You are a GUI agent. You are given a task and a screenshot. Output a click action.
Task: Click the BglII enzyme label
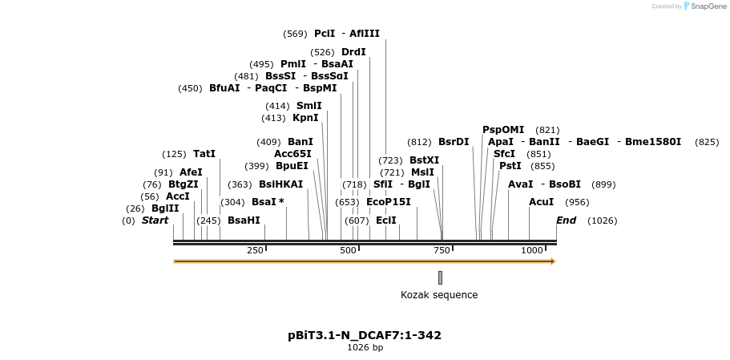coord(165,208)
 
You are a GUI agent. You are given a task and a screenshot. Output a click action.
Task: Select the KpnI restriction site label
coord(305,118)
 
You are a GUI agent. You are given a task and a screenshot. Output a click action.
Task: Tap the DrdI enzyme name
coord(353,52)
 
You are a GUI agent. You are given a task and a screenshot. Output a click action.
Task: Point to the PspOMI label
coord(503,130)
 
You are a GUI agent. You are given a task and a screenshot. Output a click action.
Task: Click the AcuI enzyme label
coord(541,201)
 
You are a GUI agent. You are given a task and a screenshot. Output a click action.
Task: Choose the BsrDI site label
coord(454,142)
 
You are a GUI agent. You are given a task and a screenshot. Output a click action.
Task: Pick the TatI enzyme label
coord(204,154)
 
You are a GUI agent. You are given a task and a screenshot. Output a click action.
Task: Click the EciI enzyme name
coord(386,220)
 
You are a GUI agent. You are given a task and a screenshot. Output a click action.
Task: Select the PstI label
coord(510,166)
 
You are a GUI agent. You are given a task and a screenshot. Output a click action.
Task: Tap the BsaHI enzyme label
coord(244,220)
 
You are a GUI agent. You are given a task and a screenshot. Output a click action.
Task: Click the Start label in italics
coord(155,220)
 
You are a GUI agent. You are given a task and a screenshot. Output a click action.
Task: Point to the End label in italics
coord(567,220)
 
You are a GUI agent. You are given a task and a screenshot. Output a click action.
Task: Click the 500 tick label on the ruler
coord(348,251)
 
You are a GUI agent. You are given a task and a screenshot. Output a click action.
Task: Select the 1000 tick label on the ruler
coord(532,251)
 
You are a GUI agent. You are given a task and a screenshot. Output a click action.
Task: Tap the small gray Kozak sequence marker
coord(440,277)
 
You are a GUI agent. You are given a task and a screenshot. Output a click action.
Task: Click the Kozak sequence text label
coord(439,295)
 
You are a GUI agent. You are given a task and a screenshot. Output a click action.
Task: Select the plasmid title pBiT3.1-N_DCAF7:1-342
coord(365,335)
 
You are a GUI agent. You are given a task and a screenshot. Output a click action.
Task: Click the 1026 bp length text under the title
coord(365,348)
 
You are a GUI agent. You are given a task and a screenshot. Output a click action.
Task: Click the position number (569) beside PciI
coord(295,34)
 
